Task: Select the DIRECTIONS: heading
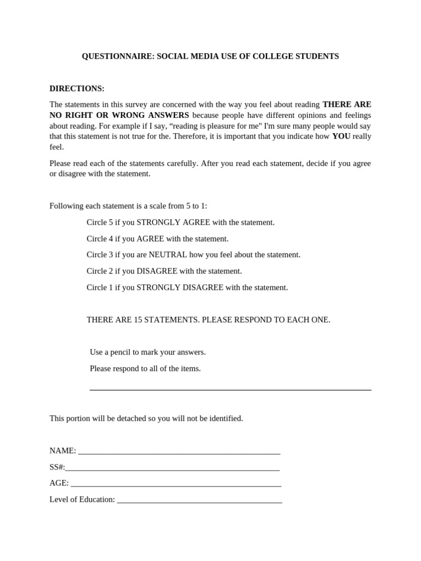(77, 89)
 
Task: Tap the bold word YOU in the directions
(341, 136)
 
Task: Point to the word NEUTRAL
(168, 255)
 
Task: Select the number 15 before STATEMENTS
(138, 320)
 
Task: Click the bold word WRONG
(134, 115)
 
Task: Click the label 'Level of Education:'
(82, 500)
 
